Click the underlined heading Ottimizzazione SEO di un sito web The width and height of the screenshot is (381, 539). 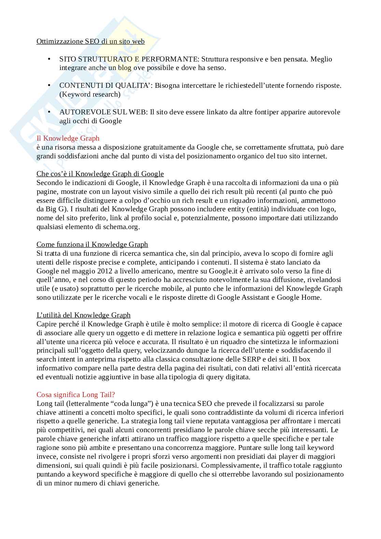point(90,41)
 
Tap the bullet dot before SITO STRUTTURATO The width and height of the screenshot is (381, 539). point(49,59)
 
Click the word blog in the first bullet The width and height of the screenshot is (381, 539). point(125,68)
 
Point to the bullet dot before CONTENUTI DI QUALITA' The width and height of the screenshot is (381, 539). point(49,85)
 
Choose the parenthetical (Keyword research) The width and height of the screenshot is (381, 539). point(90,94)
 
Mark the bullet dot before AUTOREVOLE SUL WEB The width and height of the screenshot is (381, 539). point(49,112)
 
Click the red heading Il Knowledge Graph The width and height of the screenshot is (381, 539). point(68,138)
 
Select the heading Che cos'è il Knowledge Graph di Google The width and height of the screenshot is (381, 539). point(100,174)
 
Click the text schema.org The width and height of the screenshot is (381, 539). point(122,227)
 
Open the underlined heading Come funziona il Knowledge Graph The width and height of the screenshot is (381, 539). point(92,244)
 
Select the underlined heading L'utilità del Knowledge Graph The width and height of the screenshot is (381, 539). point(83,315)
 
